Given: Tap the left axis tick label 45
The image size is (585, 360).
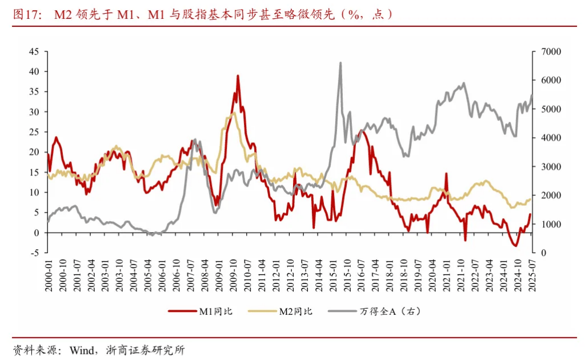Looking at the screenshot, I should [x=34, y=51].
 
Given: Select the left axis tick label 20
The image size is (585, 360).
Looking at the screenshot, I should [x=34, y=152].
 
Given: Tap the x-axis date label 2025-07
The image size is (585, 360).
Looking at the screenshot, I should [x=532, y=275].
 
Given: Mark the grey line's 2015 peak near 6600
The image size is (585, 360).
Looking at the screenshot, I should [x=340, y=63].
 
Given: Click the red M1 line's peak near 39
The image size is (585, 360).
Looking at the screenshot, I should [x=238, y=75].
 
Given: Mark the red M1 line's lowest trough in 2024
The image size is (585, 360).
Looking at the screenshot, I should [x=515, y=246].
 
